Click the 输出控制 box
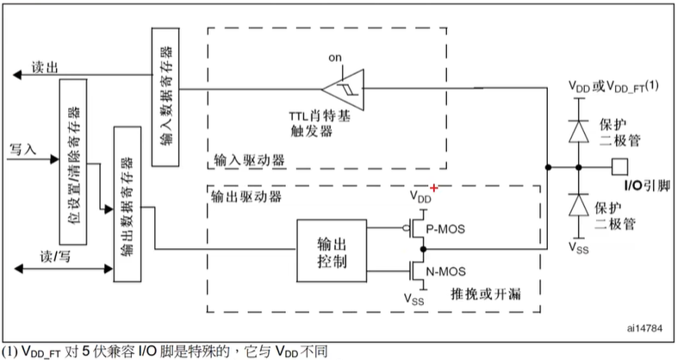(x=329, y=250)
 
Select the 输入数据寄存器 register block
(x=164, y=97)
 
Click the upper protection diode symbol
(x=580, y=127)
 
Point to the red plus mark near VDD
(x=434, y=189)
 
